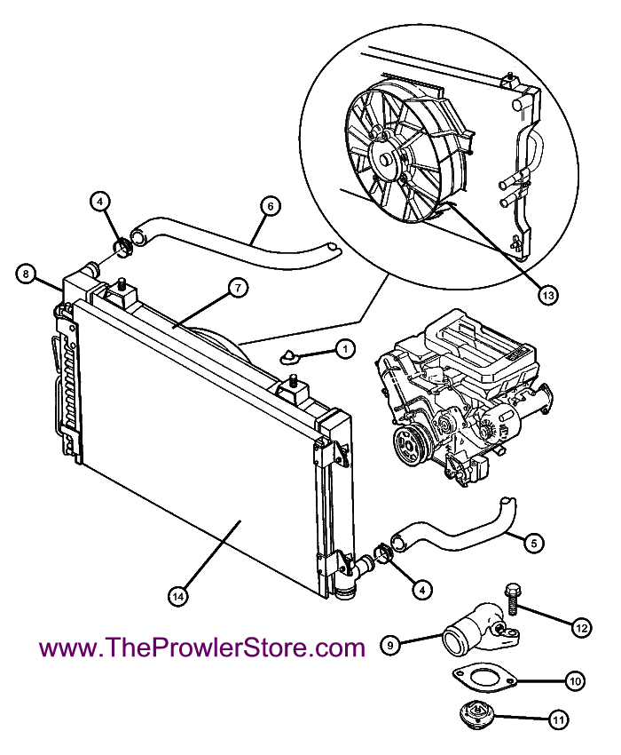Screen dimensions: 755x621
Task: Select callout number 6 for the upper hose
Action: pyautogui.click(x=271, y=206)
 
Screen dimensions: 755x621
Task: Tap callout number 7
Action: pyautogui.click(x=237, y=288)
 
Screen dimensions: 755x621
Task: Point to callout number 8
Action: pyautogui.click(x=26, y=274)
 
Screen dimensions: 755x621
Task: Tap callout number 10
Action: pyautogui.click(x=575, y=681)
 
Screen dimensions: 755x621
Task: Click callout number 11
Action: pyautogui.click(x=559, y=719)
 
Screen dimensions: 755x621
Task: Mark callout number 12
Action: pyautogui.click(x=582, y=628)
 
